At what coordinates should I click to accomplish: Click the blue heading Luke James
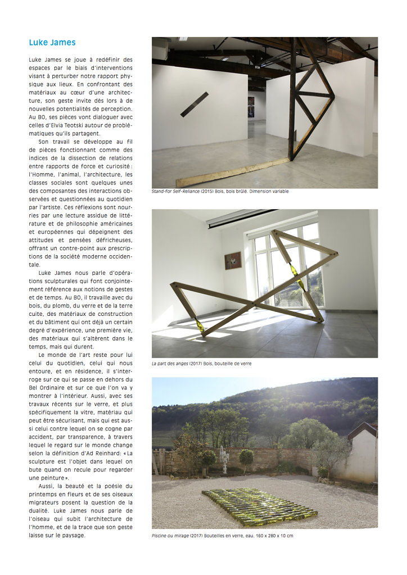tap(52, 42)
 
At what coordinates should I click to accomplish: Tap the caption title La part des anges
tap(170, 364)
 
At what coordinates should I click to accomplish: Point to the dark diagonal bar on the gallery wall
tap(195, 105)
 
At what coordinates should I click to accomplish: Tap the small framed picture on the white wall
tap(233, 260)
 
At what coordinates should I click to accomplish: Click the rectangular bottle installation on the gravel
tap(260, 506)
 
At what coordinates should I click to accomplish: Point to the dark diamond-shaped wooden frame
tap(313, 96)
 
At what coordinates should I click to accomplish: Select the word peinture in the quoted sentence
tap(43, 477)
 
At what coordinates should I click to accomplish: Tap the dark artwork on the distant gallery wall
tap(251, 106)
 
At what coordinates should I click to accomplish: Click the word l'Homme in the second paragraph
tap(42, 174)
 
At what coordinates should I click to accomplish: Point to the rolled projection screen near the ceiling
tap(242, 218)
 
